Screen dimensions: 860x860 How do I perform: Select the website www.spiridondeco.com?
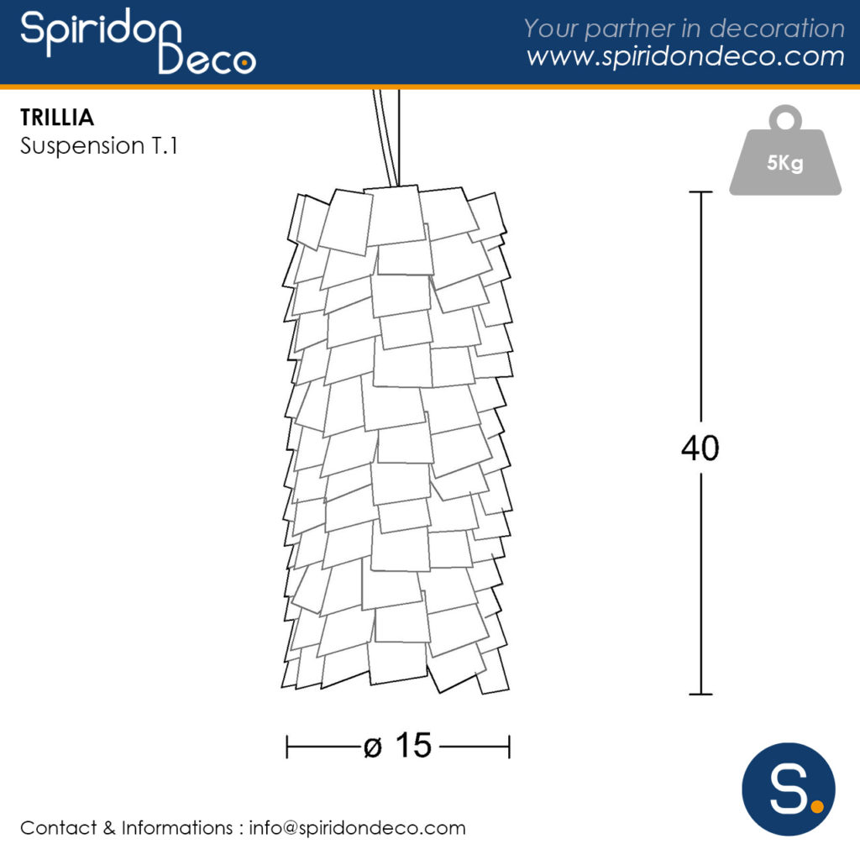pyautogui.click(x=685, y=56)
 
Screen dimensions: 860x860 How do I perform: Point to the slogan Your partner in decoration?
pyautogui.click(x=684, y=28)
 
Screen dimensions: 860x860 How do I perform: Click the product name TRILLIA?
pyautogui.click(x=57, y=118)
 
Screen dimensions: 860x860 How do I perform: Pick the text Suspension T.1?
pyautogui.click(x=98, y=145)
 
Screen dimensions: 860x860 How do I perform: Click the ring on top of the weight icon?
pyautogui.click(x=785, y=119)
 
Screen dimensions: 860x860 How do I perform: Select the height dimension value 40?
pyautogui.click(x=700, y=448)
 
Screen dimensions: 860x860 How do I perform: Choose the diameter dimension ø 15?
pyautogui.click(x=398, y=745)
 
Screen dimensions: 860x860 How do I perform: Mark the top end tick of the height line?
pyautogui.click(x=700, y=192)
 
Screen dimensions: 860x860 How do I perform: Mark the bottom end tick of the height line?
pyautogui.click(x=700, y=695)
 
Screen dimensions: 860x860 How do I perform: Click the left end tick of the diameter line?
pyautogui.click(x=287, y=745)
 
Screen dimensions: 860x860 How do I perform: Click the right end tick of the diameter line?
pyautogui.click(x=509, y=745)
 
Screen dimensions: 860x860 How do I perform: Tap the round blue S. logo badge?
pyautogui.click(x=788, y=789)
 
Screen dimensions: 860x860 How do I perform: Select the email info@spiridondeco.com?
pyautogui.click(x=357, y=828)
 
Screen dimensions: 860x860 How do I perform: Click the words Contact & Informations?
pyautogui.click(x=126, y=828)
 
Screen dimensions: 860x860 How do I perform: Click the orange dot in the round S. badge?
pyautogui.click(x=817, y=806)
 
